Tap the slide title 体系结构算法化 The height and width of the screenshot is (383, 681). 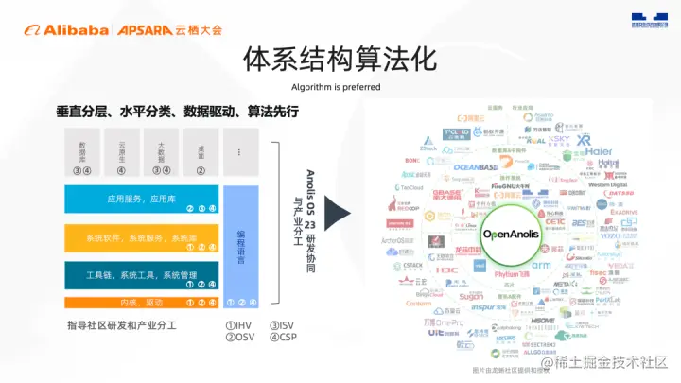(x=340, y=59)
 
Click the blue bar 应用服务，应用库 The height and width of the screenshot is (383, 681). (x=142, y=200)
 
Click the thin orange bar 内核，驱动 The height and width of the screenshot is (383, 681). (x=142, y=303)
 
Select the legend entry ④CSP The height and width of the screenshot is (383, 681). (x=282, y=338)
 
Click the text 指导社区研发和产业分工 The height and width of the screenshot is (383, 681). (x=122, y=326)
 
